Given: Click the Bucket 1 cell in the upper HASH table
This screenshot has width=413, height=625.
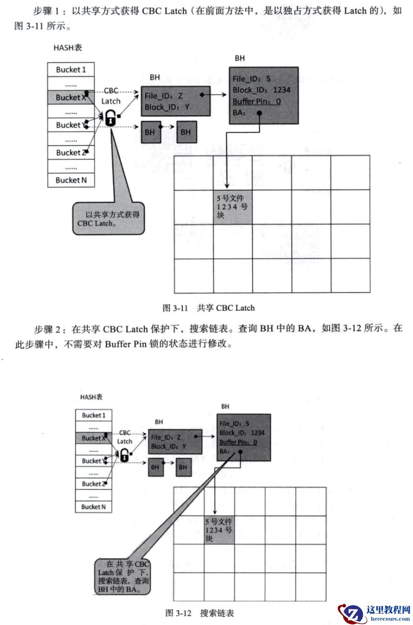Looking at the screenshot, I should pyautogui.click(x=68, y=70).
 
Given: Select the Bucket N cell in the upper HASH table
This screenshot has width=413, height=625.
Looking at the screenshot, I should pyautogui.click(x=68, y=180).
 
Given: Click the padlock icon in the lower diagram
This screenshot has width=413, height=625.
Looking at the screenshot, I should pyautogui.click(x=124, y=453).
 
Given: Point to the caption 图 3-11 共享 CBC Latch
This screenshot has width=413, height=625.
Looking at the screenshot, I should pyautogui.click(x=209, y=308).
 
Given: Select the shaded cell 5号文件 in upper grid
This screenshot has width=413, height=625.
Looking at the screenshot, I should pyautogui.click(x=233, y=206).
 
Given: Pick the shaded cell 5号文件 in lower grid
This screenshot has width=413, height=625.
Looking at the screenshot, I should pyautogui.click(x=219, y=530).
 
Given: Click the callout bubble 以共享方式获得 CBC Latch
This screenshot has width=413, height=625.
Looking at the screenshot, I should pyautogui.click(x=107, y=218).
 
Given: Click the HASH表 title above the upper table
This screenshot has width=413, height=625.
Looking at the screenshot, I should pyautogui.click(x=68, y=48).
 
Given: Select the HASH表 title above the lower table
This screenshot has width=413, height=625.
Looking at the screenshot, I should pyautogui.click(x=91, y=397).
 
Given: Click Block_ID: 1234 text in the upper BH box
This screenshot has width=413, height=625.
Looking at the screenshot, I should pyautogui.click(x=262, y=90).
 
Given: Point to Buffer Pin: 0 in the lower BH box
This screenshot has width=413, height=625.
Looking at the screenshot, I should pyautogui.click(x=238, y=442).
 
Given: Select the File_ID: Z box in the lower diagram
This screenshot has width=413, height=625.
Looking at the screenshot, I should pyautogui.click(x=174, y=441).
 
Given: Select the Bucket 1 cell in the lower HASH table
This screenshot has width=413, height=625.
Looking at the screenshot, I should pyautogui.click(x=93, y=415).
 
